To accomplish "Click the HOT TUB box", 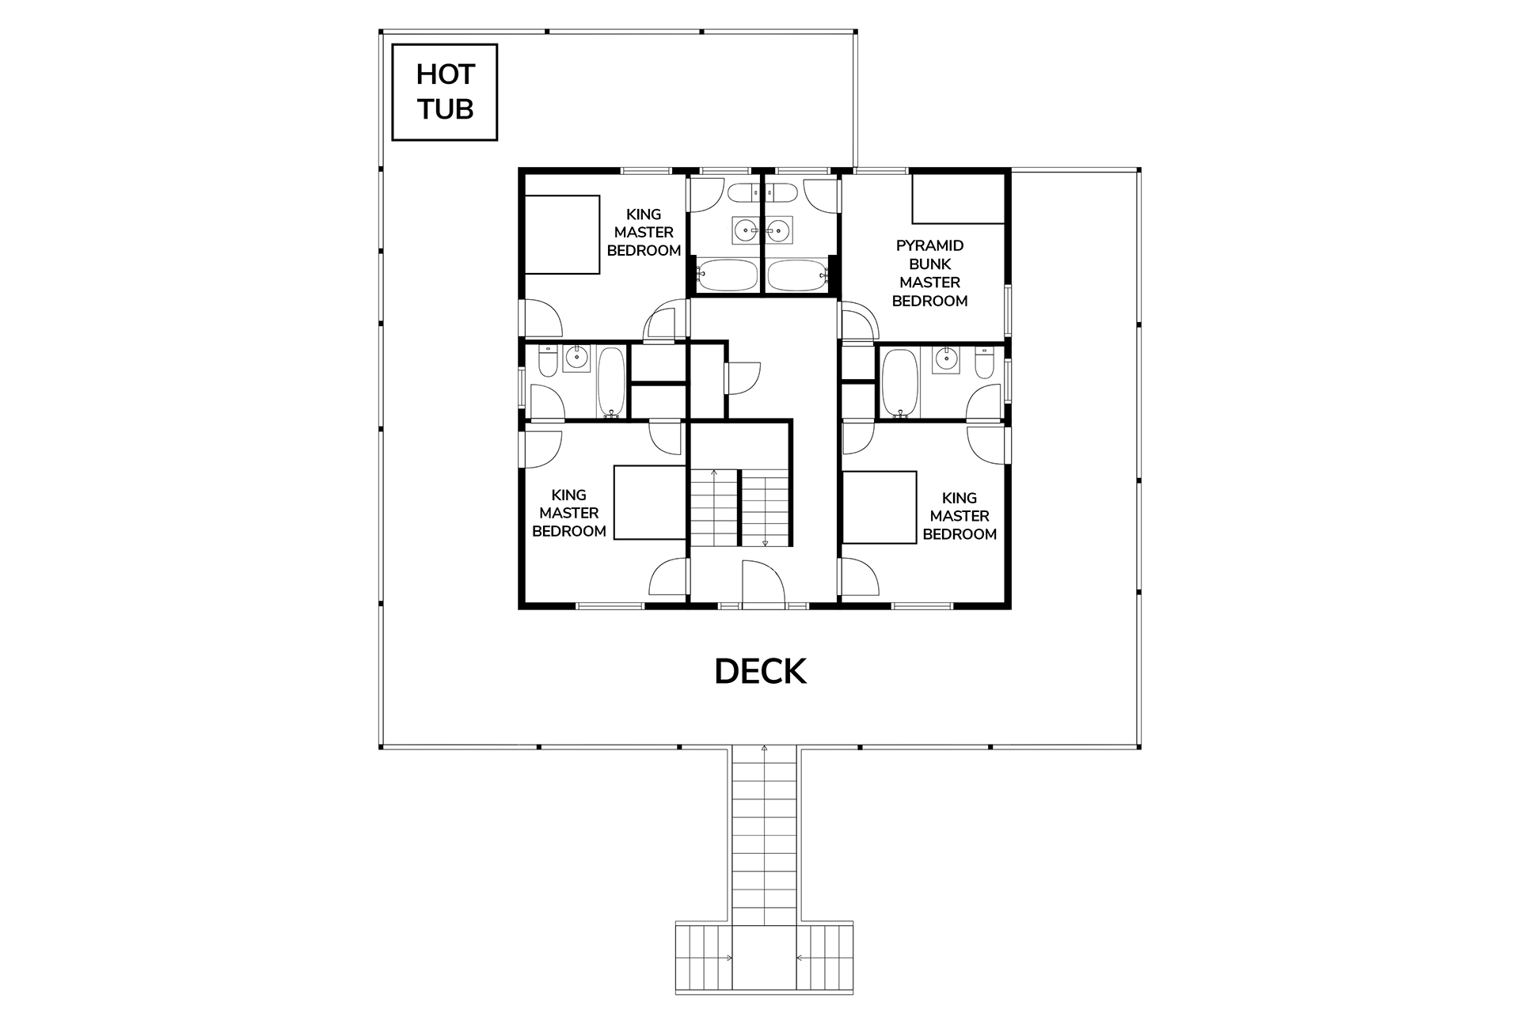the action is coord(445,93).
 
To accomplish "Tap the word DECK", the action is coord(760,672).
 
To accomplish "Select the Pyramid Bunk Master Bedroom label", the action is coord(929,273).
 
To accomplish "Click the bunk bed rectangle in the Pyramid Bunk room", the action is coord(958,199).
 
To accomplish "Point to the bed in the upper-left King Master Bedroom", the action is coord(562,234).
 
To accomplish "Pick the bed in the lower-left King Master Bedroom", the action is coord(649,503).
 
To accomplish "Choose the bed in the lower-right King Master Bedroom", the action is coord(879,507).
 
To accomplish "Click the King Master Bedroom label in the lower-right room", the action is coord(959,516).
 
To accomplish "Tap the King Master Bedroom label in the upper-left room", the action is coord(644,233).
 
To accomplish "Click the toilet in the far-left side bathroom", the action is coord(547,361).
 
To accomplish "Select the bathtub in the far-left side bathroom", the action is coord(611,382).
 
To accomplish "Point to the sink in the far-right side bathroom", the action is coord(945,360).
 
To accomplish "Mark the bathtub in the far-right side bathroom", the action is coord(898,383).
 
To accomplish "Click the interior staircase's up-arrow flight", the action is coord(714,507).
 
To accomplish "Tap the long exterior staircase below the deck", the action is coord(764,836).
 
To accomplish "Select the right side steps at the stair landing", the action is coord(825,959).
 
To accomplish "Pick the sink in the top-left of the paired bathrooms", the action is coord(746,230).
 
